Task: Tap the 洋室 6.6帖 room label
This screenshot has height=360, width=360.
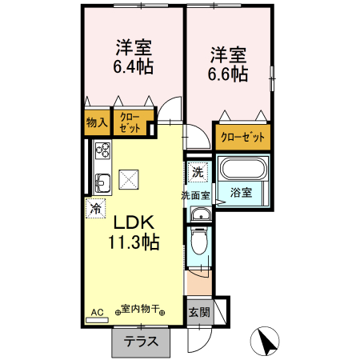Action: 228,65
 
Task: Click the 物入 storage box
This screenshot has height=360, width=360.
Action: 96,122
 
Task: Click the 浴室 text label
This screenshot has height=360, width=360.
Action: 241,193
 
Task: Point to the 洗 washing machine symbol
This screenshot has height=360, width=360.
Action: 198,171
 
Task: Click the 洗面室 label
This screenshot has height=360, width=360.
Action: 194,194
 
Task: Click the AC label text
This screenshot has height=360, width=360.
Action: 96,312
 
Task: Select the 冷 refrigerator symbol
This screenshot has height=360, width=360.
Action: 96,208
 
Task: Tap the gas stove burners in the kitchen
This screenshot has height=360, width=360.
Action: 102,150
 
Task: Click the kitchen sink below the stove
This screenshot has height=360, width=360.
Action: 102,182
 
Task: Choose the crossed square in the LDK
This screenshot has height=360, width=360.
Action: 128,180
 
